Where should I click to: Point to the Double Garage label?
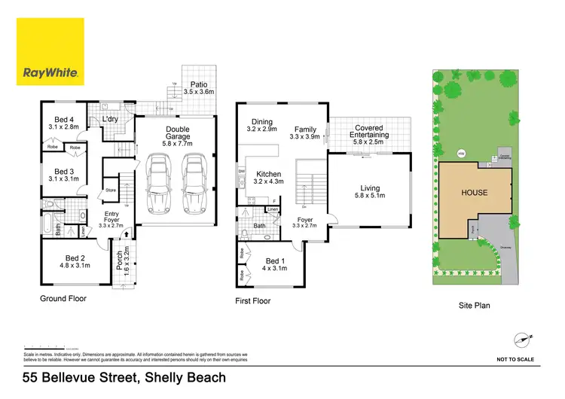pyautogui.click(x=179, y=135)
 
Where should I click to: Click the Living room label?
pyautogui.click(x=369, y=192)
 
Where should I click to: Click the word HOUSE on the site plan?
pyautogui.click(x=475, y=192)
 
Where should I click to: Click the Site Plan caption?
pyautogui.click(x=475, y=306)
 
